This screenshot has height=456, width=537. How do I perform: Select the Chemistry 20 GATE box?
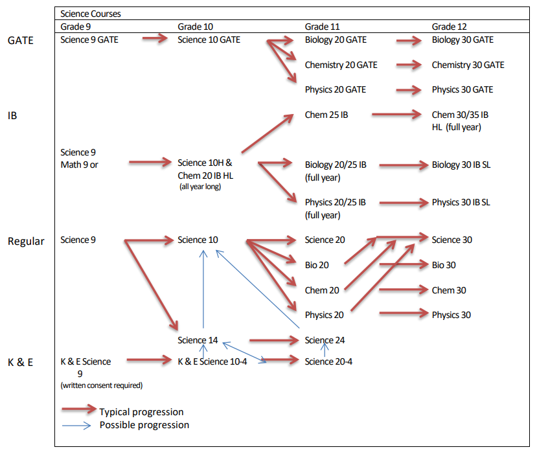(x=341, y=65)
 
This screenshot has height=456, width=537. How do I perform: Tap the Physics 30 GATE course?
(x=463, y=89)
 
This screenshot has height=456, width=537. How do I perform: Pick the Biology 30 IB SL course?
(x=461, y=165)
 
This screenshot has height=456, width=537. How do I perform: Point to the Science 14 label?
(x=198, y=340)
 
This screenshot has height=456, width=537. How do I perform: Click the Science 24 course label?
(x=328, y=340)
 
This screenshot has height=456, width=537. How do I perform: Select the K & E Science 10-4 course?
(x=212, y=361)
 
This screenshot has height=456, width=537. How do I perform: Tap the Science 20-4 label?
(x=328, y=361)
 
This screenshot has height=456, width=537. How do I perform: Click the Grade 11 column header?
(x=322, y=27)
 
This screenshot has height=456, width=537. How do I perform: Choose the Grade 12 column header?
(x=449, y=27)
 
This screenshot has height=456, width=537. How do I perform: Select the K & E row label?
(x=20, y=362)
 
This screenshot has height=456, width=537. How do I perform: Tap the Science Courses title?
(x=91, y=13)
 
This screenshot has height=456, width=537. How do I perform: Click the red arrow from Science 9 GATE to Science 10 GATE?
(x=155, y=40)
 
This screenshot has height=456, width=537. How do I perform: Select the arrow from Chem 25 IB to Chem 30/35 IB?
(x=397, y=115)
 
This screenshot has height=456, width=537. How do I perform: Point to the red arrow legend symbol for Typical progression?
(x=79, y=410)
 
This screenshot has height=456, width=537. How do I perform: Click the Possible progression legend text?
(x=144, y=425)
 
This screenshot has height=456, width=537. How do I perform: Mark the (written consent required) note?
(x=102, y=385)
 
